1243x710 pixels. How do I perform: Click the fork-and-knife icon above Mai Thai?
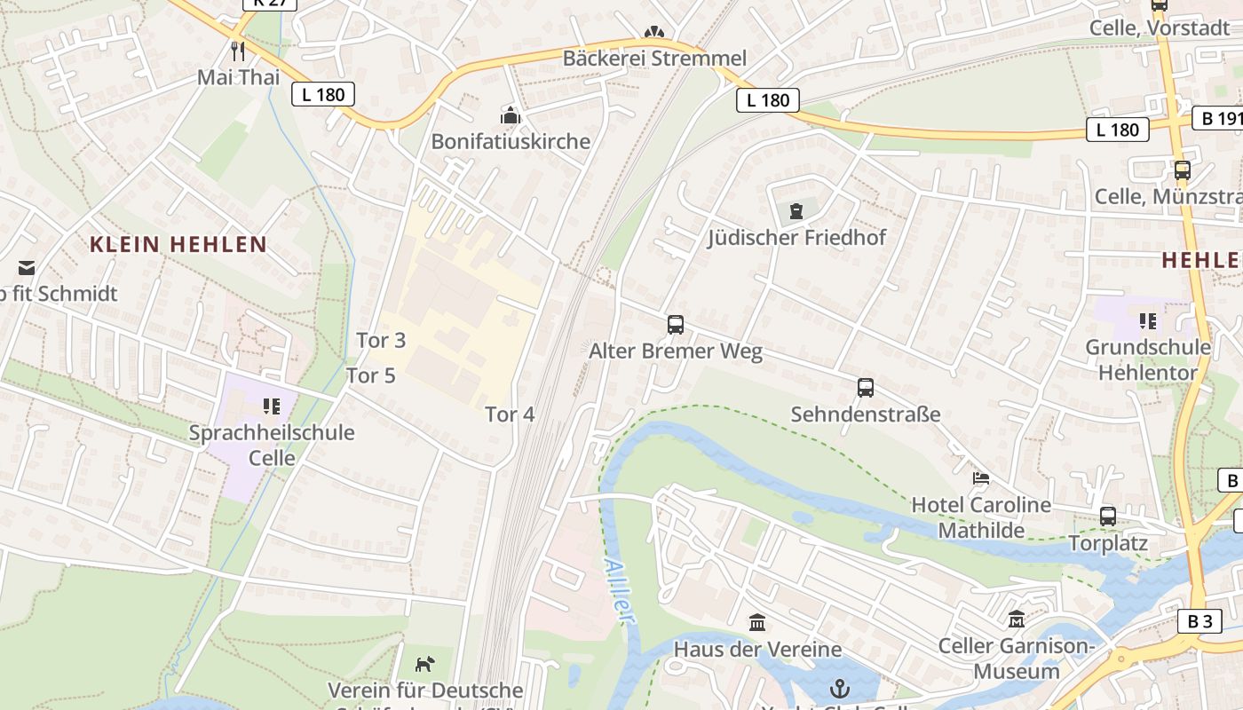coord(237,51)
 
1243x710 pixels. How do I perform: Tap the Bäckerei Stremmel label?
coord(654,59)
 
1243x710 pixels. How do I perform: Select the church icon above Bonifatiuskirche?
coord(511,115)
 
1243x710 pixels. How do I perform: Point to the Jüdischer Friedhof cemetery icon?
coord(796,211)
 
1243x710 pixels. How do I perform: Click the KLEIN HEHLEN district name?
coord(178,245)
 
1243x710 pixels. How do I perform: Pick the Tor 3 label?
coord(381,340)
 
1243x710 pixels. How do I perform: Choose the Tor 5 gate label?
coord(370,375)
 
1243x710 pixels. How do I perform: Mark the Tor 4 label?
coord(510,414)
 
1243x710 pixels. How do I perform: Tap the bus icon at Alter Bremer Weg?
coord(676,325)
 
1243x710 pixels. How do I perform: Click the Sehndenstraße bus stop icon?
coord(866,388)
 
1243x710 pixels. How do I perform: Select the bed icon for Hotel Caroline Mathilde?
coord(981,478)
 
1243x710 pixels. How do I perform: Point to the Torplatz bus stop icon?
coord(1108,517)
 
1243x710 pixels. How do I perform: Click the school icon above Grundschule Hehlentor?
coord(1147,320)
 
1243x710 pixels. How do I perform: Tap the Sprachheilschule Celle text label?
coord(272,446)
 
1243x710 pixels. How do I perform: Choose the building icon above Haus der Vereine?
coord(757,623)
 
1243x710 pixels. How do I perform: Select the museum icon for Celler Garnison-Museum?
coord(1017,619)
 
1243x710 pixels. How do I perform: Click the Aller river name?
coord(621,590)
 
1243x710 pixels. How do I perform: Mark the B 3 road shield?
coord(1199,621)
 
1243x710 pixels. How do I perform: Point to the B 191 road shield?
coord(1217,119)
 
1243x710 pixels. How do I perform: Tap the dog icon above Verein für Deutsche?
coord(425,664)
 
